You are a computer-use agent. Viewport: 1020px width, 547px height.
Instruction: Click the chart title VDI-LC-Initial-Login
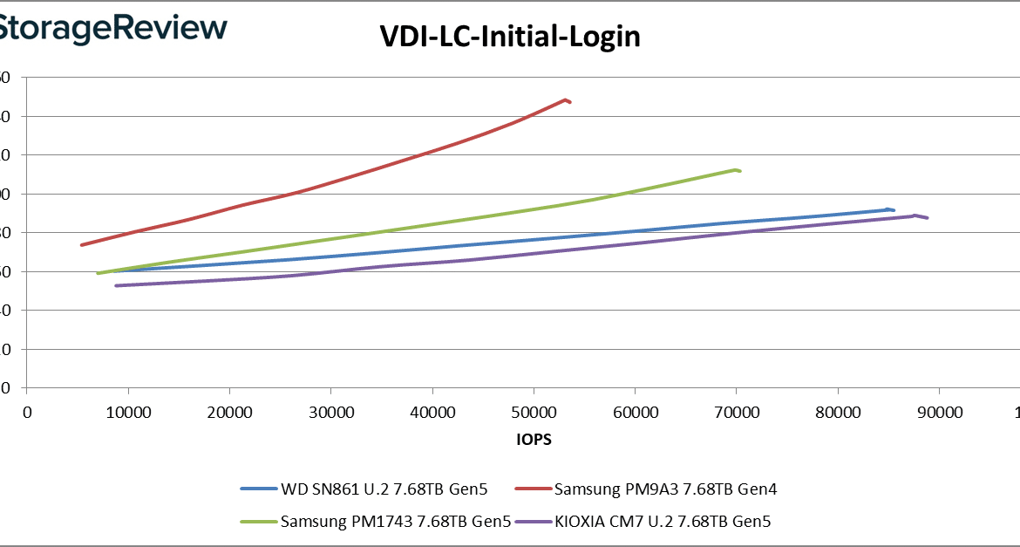[510, 37]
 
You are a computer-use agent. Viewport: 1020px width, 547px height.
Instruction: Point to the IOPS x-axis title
[534, 441]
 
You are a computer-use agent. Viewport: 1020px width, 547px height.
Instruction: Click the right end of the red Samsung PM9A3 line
[570, 102]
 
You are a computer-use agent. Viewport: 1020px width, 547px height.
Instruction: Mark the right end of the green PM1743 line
[740, 171]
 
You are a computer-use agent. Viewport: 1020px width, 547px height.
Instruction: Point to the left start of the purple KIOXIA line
[116, 285]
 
